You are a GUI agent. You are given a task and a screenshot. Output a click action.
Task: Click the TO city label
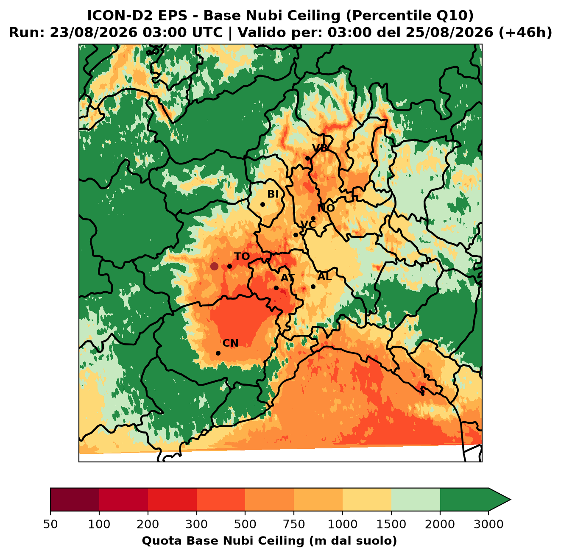pos(242,256)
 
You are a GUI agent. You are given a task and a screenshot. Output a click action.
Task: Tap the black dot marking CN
pos(218,353)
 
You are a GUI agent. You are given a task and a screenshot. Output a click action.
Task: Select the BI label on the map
pos(273,194)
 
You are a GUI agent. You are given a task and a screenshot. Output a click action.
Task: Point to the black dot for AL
pos(313,286)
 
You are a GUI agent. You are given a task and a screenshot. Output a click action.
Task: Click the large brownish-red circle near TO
pos(214,266)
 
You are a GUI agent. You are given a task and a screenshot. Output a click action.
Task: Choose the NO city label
pos(326,208)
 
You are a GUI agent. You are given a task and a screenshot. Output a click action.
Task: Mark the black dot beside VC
pos(296,235)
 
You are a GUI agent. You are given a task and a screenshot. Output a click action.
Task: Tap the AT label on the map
pos(287,278)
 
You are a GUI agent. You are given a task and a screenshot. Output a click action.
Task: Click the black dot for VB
pos(308,158)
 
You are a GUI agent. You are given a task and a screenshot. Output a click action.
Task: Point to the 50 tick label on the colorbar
pos(50,524)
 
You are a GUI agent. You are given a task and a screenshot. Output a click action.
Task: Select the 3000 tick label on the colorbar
pos(488,524)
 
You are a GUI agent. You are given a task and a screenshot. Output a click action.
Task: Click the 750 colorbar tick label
pos(293,524)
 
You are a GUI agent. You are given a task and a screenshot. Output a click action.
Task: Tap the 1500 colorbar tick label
pos(391,524)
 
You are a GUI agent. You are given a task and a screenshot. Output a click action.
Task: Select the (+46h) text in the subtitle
pos(525,33)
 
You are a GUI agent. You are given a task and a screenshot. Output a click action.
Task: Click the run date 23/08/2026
pos(93,33)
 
